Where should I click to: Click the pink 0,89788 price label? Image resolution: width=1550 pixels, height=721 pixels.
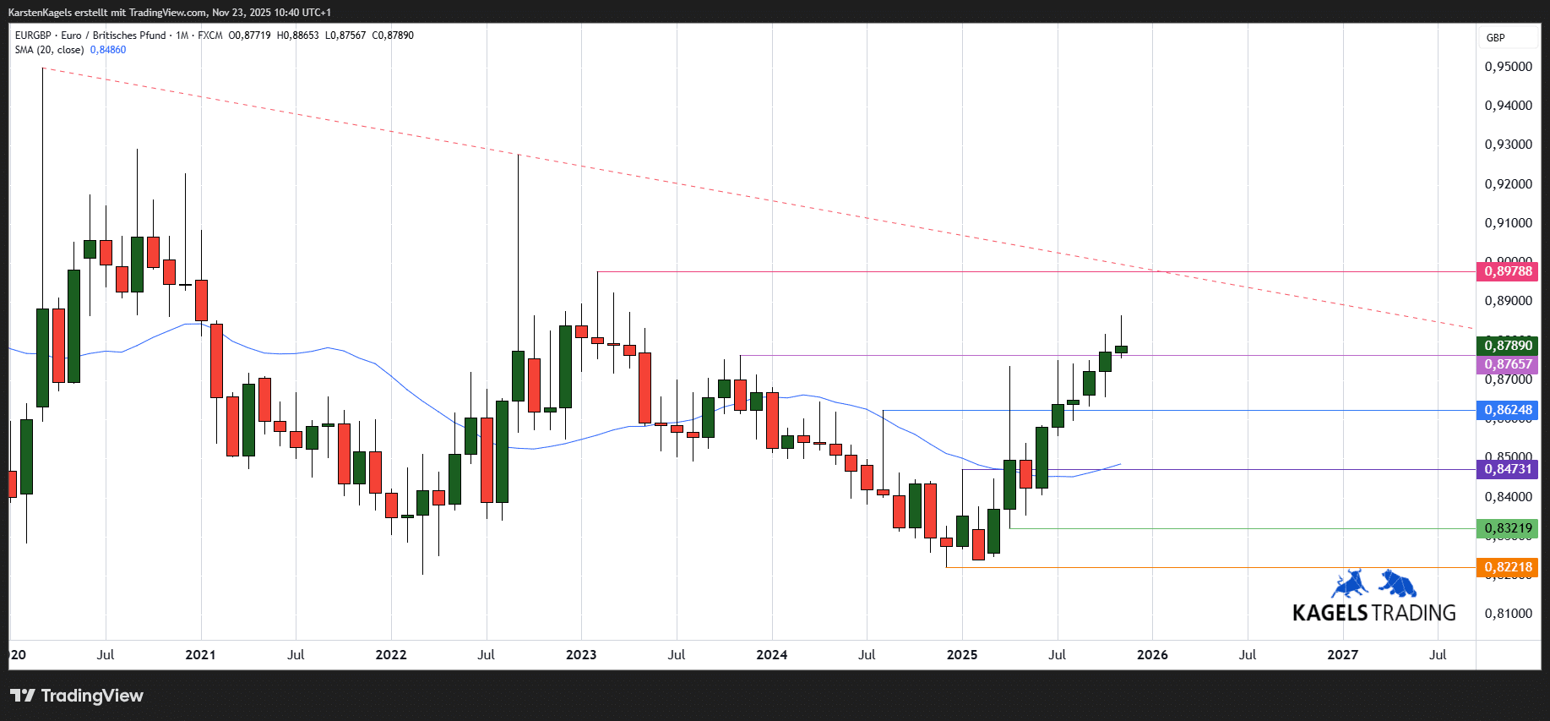click(x=1508, y=271)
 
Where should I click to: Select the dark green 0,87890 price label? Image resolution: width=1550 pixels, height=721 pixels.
click(x=1508, y=346)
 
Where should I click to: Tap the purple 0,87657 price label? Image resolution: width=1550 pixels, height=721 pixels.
click(x=1508, y=364)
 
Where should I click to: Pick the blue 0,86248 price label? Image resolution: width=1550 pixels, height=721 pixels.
click(x=1508, y=410)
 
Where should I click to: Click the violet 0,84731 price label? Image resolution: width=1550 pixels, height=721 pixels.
click(x=1508, y=469)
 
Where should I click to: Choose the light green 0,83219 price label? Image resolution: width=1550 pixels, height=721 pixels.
click(x=1508, y=528)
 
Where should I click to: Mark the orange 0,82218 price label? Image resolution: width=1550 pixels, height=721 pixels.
click(x=1508, y=567)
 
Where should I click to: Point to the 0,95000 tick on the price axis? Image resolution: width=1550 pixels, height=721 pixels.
click(x=1508, y=67)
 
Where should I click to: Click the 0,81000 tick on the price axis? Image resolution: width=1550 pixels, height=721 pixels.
click(x=1508, y=614)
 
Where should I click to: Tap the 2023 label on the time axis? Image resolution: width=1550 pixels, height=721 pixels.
click(x=581, y=655)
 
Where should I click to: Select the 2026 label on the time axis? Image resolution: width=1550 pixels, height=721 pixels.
click(x=1152, y=655)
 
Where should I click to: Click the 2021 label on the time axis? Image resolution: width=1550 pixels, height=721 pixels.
click(x=200, y=655)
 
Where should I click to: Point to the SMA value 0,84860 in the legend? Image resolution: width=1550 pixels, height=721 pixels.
click(x=108, y=50)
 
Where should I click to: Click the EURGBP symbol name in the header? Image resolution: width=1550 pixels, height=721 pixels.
click(x=33, y=36)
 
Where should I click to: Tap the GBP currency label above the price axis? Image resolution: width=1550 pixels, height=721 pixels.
click(x=1495, y=38)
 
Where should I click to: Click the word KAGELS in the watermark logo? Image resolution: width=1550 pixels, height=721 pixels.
click(x=1330, y=613)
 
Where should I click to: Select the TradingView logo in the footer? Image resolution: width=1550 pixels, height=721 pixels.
click(x=77, y=696)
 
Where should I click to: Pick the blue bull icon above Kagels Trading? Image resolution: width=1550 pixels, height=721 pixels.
click(x=1349, y=583)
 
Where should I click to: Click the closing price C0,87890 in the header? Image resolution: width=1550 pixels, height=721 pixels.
click(x=393, y=36)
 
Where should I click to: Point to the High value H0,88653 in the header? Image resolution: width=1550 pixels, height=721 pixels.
click(x=298, y=36)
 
